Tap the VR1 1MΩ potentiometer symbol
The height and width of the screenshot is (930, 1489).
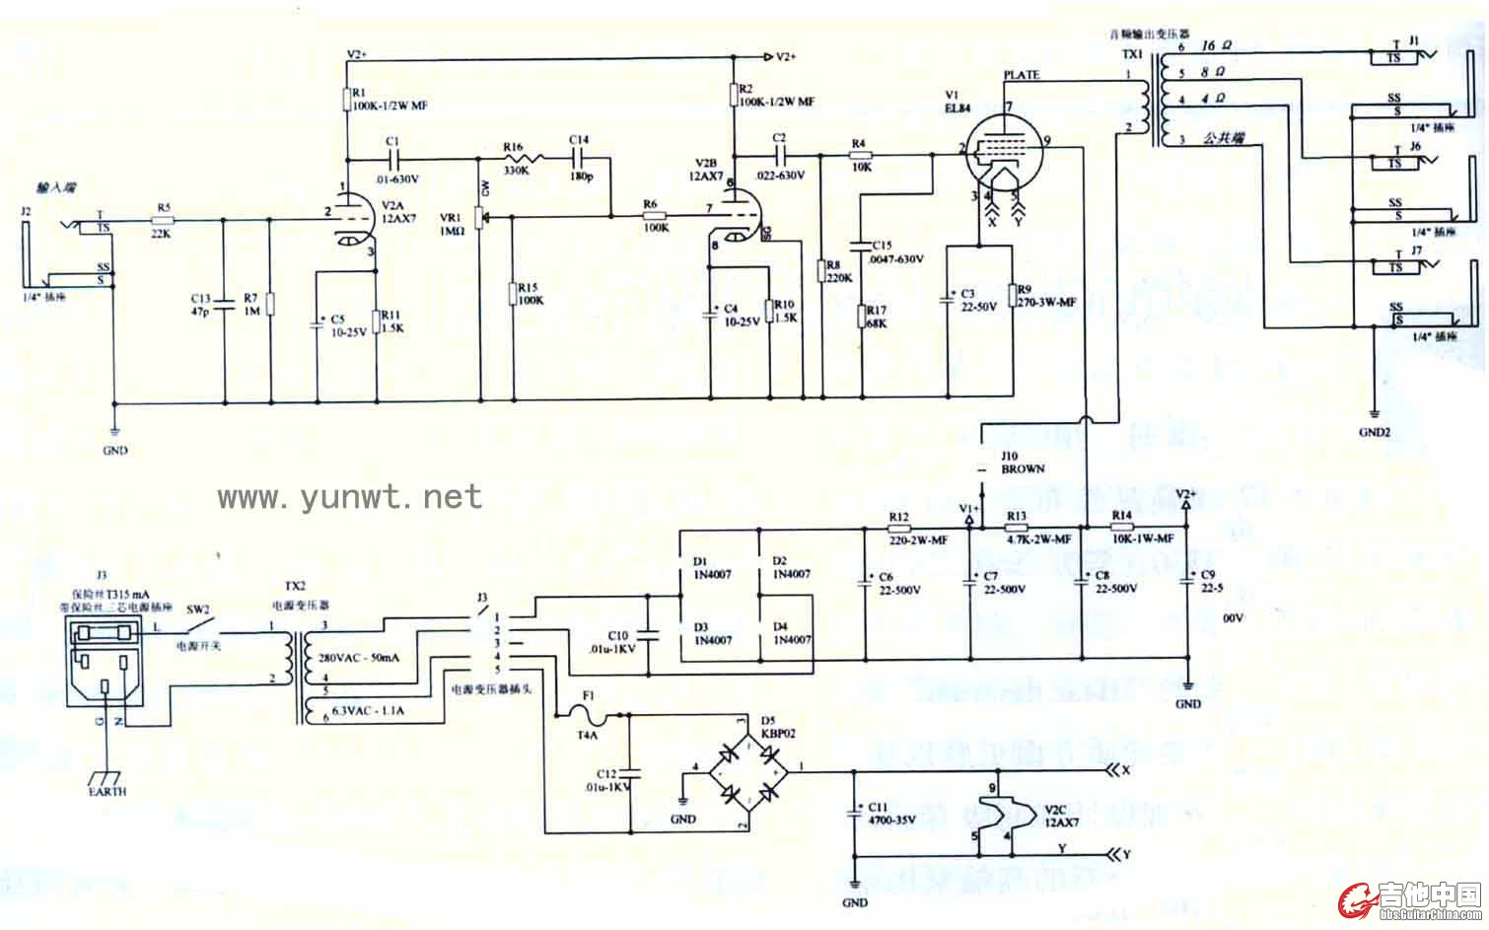coord(480,217)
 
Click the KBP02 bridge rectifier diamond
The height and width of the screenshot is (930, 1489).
coord(748,767)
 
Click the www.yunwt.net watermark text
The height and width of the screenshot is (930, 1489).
coord(350,496)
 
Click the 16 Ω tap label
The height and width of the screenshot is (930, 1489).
coord(1216,46)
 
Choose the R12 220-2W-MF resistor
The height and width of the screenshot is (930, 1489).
coord(899,529)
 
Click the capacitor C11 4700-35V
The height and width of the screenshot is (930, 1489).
coord(854,813)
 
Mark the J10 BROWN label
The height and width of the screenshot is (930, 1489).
coord(1022,463)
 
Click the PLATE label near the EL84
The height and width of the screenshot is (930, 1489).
coord(1021,75)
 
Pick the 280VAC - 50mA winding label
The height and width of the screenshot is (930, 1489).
coord(359,658)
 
